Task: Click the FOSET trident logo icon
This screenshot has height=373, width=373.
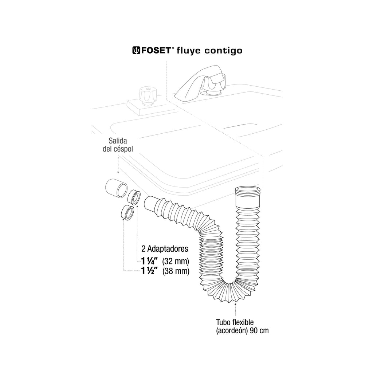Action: pyautogui.click(x=136, y=50)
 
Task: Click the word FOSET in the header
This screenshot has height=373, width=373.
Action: pyautogui.click(x=156, y=50)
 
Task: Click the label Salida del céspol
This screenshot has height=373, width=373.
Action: pyautogui.click(x=118, y=145)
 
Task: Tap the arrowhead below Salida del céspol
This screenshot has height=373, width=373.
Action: pyautogui.click(x=118, y=172)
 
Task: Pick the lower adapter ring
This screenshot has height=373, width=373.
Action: pyautogui.click(x=127, y=212)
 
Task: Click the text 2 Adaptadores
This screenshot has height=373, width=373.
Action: pyautogui.click(x=165, y=249)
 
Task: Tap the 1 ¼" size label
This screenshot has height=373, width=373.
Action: pyautogui.click(x=150, y=261)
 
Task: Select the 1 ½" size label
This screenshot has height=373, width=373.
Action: pyautogui.click(x=150, y=271)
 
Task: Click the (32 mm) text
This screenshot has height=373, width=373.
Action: pyautogui.click(x=176, y=262)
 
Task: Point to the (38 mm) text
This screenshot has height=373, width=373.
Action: pyautogui.click(x=176, y=271)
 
